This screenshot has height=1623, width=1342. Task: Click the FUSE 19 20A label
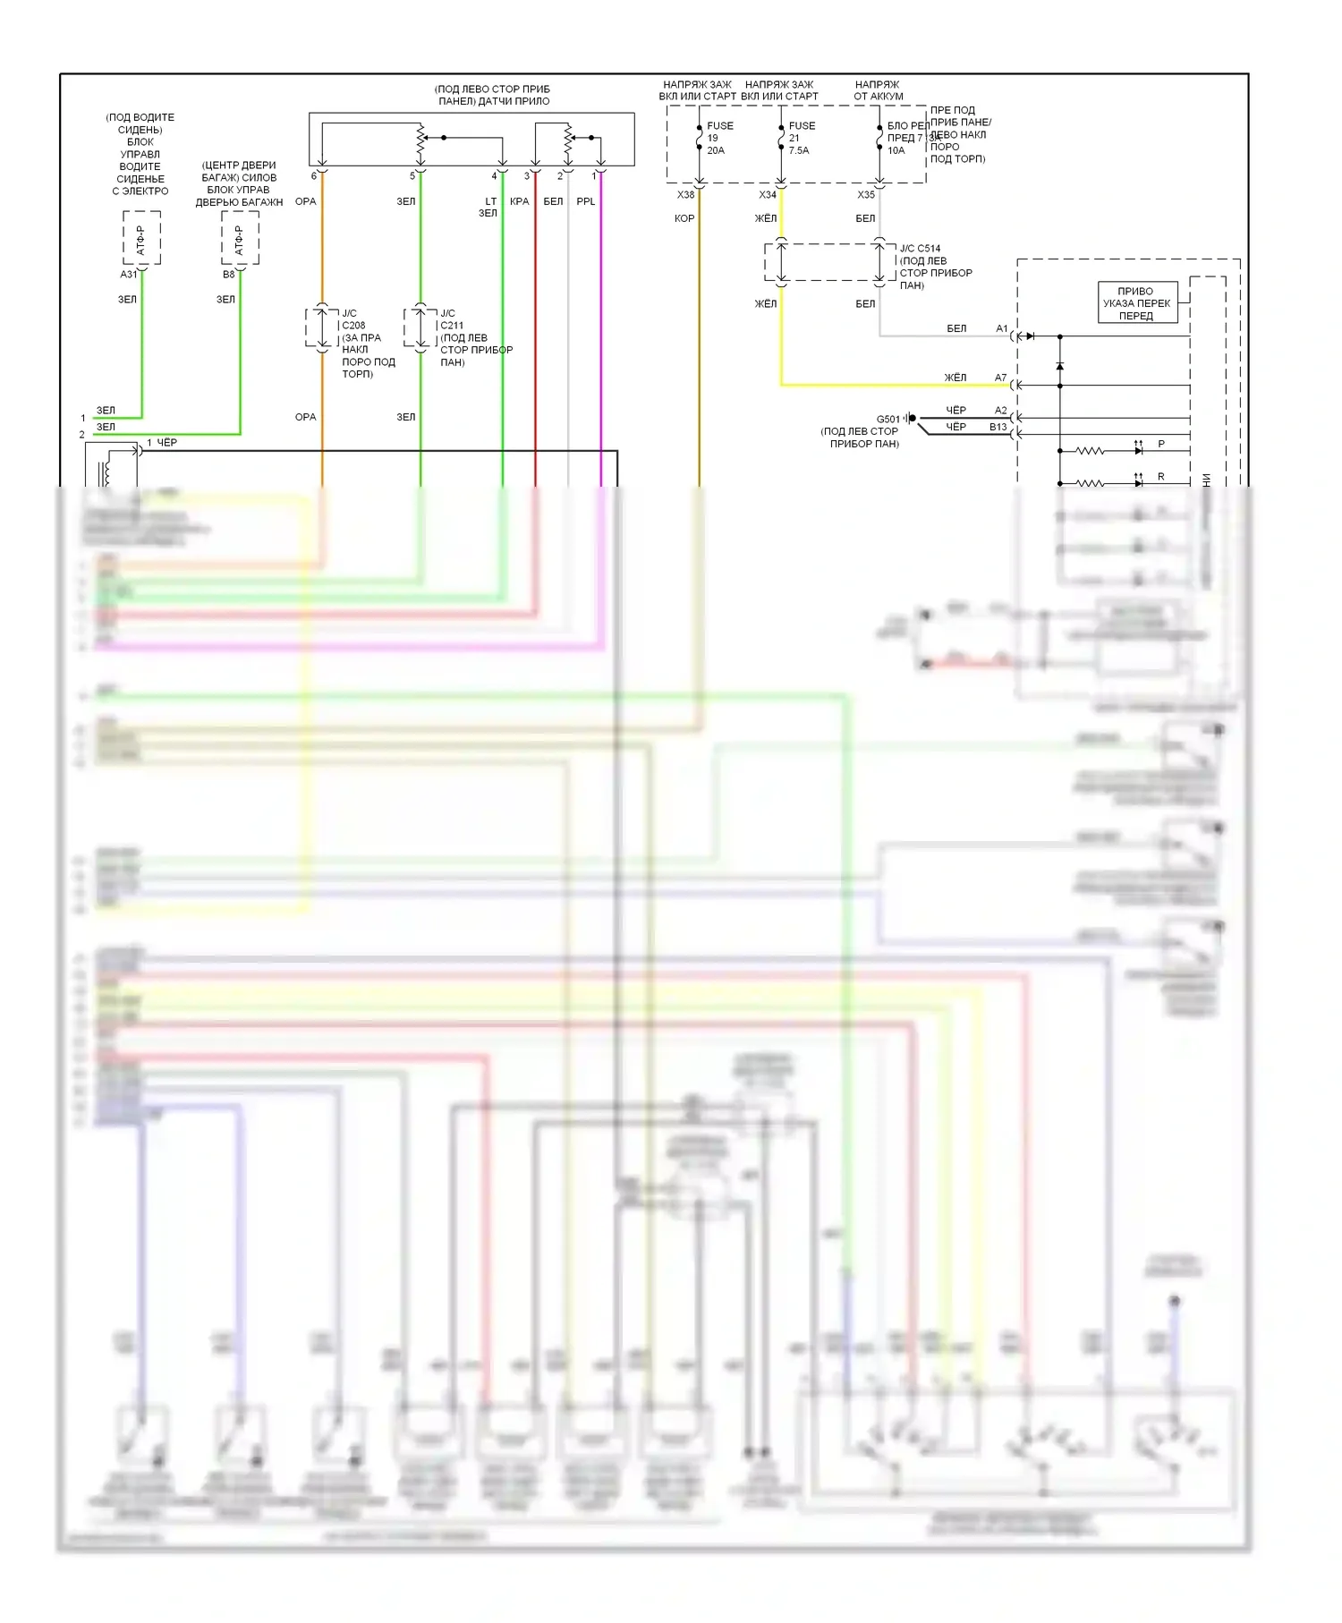(718, 138)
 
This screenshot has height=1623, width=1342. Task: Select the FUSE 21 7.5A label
(800, 138)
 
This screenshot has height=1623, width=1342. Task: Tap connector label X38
(685, 195)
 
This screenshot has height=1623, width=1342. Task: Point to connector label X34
(768, 195)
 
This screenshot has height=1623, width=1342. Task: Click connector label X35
(866, 195)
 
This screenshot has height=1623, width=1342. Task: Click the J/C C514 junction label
(935, 267)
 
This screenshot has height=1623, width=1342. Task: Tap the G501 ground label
(888, 419)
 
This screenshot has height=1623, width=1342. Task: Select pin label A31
(129, 275)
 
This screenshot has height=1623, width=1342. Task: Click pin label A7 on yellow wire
(1000, 378)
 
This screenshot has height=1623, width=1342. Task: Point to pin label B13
(998, 428)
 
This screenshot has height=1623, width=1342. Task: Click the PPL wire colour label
(585, 202)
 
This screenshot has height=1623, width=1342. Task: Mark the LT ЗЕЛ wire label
(488, 208)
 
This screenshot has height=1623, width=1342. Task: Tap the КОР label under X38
(684, 218)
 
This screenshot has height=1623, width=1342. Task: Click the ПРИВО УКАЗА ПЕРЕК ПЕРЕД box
(1136, 303)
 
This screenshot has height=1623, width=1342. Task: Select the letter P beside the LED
(1161, 444)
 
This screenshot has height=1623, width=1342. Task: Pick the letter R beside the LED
(1161, 477)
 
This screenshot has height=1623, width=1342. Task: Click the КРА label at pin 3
(519, 202)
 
